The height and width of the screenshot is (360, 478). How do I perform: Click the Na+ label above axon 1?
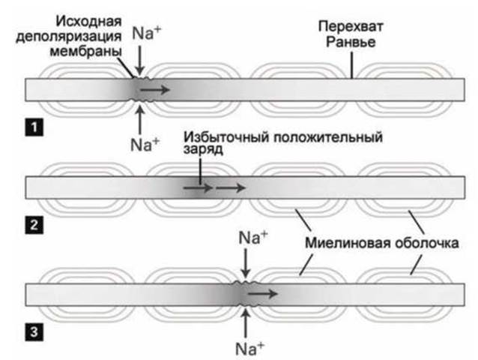click(145, 33)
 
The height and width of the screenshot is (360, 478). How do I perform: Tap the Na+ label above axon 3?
click(252, 238)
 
